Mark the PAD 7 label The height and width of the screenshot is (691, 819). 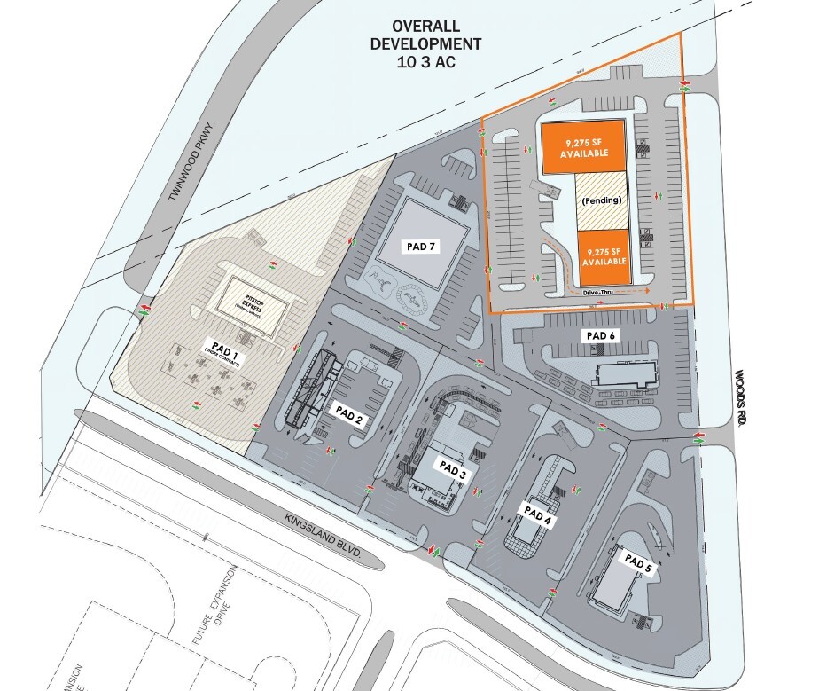[420, 247]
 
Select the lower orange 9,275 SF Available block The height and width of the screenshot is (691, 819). [606, 256]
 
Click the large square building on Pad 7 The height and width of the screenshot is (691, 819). [422, 232]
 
